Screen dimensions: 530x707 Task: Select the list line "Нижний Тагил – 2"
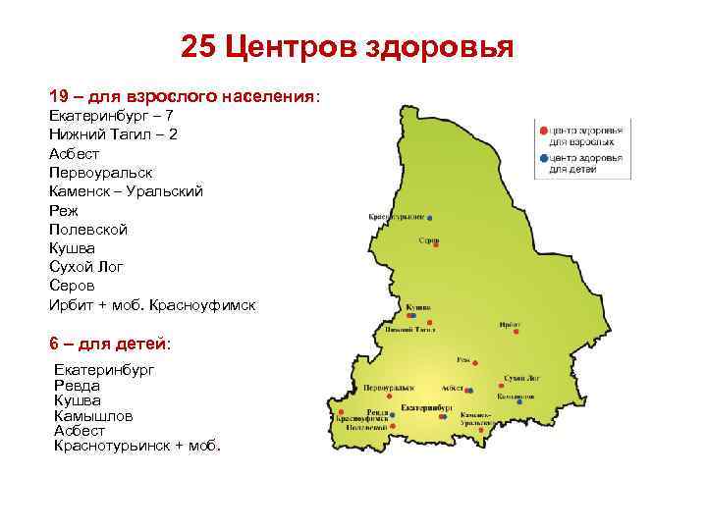113,133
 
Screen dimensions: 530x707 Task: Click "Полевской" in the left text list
88,229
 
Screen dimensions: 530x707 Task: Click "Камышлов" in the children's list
91,415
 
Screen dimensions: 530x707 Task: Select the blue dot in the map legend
543,157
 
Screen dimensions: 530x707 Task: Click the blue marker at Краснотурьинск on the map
429,217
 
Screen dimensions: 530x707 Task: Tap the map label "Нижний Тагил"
410,330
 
